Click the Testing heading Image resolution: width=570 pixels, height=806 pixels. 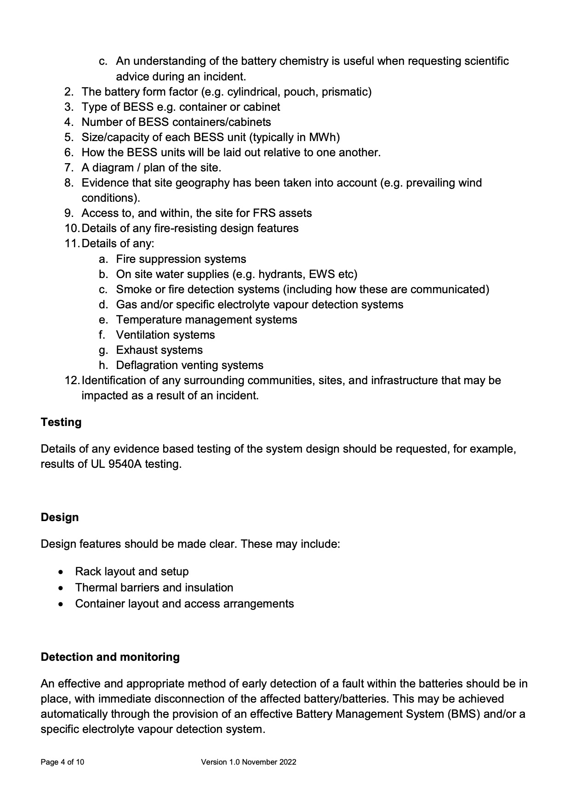click(x=61, y=422)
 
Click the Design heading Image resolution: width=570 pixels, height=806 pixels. click(x=59, y=517)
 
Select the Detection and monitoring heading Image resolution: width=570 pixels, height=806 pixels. click(x=110, y=657)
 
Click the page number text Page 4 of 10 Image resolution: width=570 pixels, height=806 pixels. click(x=62, y=762)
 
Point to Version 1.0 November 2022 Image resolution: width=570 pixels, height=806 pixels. click(x=248, y=762)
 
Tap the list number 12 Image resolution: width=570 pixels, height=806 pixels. click(x=72, y=380)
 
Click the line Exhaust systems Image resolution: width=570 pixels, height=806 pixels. click(x=159, y=350)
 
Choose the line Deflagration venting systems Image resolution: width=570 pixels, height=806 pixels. click(x=189, y=365)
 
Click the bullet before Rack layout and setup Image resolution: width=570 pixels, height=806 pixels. click(x=62, y=572)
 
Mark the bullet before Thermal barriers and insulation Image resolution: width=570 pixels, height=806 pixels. click(x=62, y=588)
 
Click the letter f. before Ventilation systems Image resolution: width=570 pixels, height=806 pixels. click(x=103, y=335)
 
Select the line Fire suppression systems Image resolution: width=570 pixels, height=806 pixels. click(x=181, y=259)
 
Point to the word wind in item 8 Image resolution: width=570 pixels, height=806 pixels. click(x=470, y=183)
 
